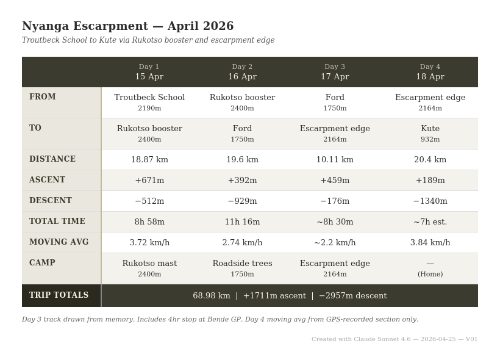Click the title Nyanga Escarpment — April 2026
tap(127, 26)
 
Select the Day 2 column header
tap(242, 67)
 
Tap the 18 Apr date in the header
tap(430, 77)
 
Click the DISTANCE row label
tap(52, 159)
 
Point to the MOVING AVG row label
tap(59, 242)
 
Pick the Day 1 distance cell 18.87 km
tap(149, 160)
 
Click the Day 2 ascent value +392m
tap(242, 181)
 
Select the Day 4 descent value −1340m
tap(430, 201)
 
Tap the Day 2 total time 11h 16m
tap(242, 222)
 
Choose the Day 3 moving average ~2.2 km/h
tap(335, 243)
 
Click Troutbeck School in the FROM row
tap(149, 98)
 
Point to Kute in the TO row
tap(430, 129)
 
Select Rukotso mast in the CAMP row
tap(149, 264)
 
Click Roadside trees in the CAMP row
tap(242, 264)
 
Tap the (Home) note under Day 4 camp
tap(430, 275)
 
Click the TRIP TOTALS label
tap(59, 295)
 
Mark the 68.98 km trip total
tap(211, 296)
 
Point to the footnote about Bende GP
tap(220, 319)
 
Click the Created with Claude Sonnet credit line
tap(395, 339)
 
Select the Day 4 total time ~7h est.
tap(430, 222)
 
